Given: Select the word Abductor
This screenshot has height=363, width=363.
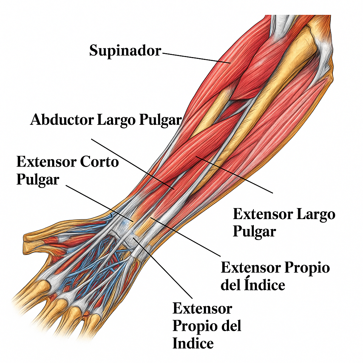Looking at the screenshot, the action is point(62,120).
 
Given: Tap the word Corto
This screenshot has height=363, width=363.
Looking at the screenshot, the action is point(99,162).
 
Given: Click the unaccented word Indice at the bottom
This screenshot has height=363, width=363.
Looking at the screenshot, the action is point(193,343).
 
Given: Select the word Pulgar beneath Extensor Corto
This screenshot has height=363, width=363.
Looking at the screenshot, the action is point(38,180).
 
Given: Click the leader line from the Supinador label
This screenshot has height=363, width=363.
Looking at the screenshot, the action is point(196,58).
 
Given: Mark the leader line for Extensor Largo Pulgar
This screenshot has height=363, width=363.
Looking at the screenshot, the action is point(234,174).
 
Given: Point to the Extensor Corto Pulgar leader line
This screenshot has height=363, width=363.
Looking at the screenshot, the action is point(100,203).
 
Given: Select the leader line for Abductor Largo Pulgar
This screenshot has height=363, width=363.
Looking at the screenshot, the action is point(133,164).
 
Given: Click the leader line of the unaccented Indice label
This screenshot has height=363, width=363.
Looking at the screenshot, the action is point(162,268).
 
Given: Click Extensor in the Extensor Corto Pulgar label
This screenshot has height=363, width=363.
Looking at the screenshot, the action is point(46,162).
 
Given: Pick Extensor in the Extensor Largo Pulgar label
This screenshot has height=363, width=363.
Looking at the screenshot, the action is point(263,214).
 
